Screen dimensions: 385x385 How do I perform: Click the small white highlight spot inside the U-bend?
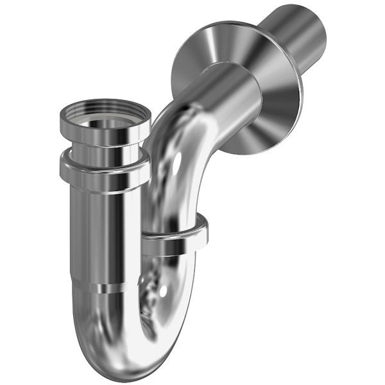(166, 292)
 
